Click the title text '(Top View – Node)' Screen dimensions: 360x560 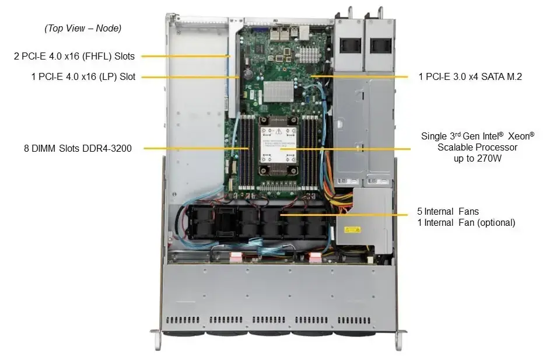point(83,28)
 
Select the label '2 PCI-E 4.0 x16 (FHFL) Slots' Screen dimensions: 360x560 point(74,57)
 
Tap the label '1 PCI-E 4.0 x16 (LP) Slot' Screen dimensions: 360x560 point(83,76)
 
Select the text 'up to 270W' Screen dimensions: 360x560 point(477,159)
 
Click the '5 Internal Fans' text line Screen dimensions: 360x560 point(448,211)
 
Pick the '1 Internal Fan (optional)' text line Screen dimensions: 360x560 point(466,222)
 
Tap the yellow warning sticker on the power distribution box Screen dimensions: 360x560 point(354,230)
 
